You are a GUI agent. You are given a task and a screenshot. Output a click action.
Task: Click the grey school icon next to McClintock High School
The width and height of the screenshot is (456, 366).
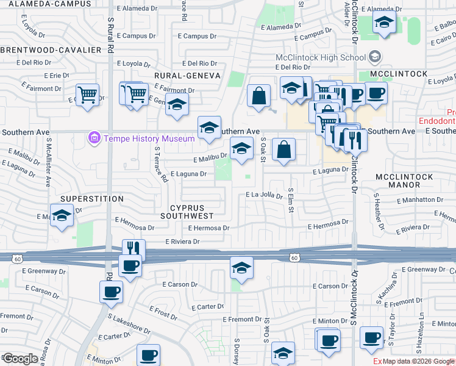click(x=375, y=58)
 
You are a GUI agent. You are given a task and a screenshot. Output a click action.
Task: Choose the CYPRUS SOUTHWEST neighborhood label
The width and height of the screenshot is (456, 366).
click(x=187, y=211)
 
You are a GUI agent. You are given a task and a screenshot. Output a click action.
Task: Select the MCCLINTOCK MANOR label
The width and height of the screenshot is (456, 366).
click(x=404, y=181)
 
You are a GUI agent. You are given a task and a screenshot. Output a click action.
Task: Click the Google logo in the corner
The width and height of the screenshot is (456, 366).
click(x=20, y=359)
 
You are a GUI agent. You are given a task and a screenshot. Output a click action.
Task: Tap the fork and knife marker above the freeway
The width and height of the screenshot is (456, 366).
click(x=134, y=249)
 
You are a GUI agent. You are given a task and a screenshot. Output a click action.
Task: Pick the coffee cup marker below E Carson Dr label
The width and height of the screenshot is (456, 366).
click(x=111, y=292)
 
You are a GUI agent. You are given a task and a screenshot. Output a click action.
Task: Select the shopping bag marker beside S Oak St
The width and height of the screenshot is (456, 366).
click(x=284, y=149)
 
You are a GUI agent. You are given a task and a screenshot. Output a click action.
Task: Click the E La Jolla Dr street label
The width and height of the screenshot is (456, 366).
click(x=264, y=195)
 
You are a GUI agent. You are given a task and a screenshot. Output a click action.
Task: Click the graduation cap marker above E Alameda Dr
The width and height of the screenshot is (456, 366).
click(x=385, y=23)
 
